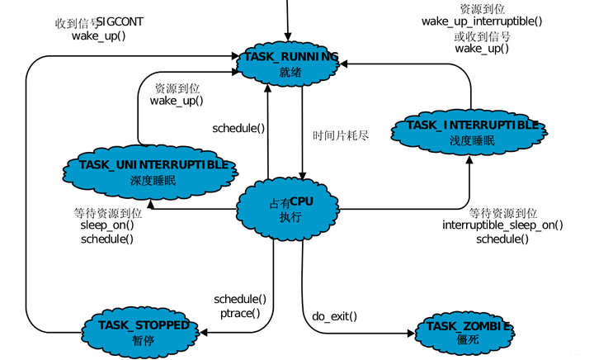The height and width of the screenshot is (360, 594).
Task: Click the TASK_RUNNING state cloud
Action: click(x=290, y=64)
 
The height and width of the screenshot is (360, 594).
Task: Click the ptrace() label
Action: click(x=240, y=312)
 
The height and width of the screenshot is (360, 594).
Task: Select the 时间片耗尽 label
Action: click(x=340, y=135)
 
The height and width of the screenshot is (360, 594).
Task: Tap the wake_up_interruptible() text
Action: click(x=482, y=21)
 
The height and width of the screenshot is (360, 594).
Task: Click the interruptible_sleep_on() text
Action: click(x=502, y=225)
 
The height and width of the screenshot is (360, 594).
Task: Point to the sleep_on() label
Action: click(x=106, y=225)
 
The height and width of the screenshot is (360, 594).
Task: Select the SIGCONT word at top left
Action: click(x=120, y=21)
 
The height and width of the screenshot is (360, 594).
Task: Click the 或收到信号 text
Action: click(x=482, y=36)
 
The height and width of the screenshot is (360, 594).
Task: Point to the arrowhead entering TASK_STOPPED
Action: click(x=203, y=332)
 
